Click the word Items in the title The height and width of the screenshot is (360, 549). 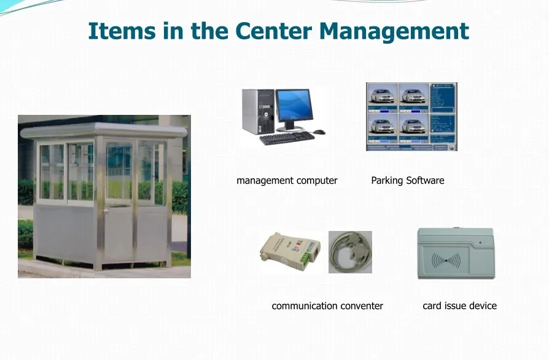122,30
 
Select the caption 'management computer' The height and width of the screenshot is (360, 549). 287,181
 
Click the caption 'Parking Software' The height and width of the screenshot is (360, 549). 407,181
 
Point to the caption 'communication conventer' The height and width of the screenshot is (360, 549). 327,306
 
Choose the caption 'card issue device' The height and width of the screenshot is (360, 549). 459,306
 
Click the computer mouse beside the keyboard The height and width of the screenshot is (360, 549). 319,132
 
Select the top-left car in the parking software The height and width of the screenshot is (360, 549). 381,95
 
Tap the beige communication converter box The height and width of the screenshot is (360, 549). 290,251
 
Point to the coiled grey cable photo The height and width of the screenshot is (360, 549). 350,252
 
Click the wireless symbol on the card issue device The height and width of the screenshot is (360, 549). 446,260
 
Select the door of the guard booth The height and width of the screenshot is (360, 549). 119,203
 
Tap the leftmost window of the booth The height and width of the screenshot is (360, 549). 52,172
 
